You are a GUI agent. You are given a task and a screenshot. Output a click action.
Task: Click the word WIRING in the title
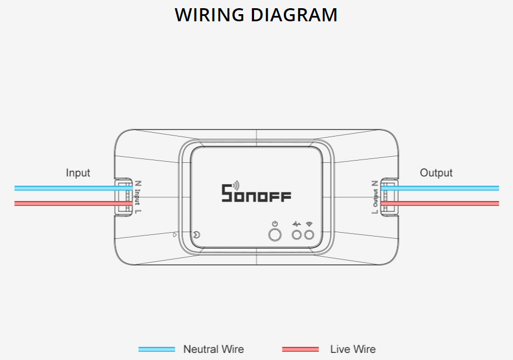coord(210,15)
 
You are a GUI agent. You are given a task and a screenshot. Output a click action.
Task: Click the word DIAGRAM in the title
coord(294,15)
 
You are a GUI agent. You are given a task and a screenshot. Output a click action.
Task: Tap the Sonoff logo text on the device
coord(256,193)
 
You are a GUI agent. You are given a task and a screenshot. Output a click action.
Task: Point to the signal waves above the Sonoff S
coord(235,185)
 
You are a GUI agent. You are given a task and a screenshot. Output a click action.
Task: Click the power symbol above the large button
coord(275,224)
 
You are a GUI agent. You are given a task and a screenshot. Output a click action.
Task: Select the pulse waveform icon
coord(297,224)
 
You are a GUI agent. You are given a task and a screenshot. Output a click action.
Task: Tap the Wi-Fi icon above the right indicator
coord(309,224)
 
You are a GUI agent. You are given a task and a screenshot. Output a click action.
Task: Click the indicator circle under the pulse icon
coord(297,235)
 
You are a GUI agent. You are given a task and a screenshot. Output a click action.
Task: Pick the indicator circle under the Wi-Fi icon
coord(309,235)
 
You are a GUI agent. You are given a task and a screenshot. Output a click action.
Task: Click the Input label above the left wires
coord(78,173)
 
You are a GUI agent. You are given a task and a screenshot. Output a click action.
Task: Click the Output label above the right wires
coord(436,173)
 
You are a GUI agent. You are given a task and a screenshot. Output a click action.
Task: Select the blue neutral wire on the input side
coord(66,188)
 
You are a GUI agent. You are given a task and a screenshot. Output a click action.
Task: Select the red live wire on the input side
coord(66,203)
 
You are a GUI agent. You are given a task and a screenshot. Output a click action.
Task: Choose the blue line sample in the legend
coord(157,349)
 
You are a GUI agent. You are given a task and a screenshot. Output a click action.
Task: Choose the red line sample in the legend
coord(300,349)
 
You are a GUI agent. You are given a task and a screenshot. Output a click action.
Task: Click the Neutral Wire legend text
coord(213,349)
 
